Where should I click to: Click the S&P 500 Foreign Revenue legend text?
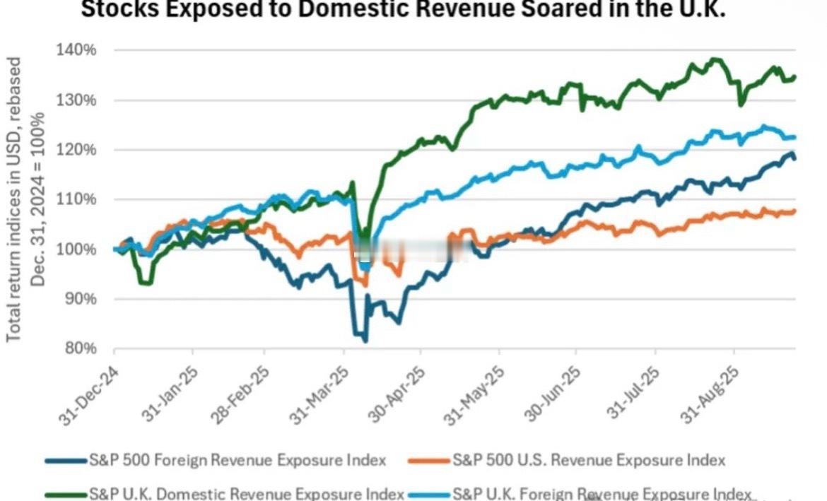237,460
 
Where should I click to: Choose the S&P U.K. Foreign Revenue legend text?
601,493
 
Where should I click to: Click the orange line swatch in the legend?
429,461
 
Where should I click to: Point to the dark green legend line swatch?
66,493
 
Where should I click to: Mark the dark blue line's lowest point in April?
365,341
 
